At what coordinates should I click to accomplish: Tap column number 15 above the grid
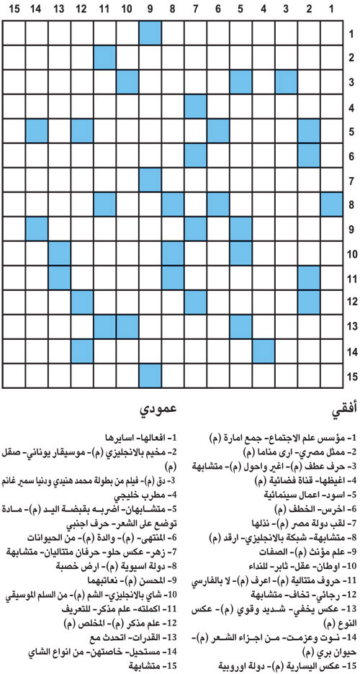[x=14, y=9]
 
